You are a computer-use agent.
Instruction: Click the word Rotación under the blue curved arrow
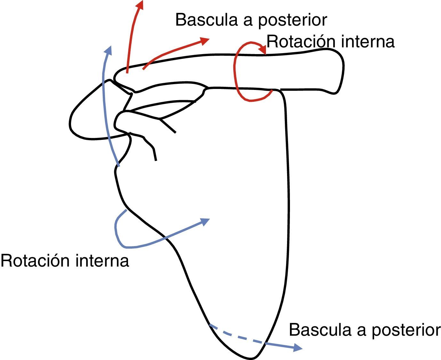(x=35, y=260)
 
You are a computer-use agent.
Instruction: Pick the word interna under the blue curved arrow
(x=102, y=260)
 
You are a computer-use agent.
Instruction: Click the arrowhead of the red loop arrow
(x=263, y=50)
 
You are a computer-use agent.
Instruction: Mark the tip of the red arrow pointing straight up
(x=140, y=4)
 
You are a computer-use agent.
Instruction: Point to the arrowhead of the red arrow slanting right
(x=205, y=40)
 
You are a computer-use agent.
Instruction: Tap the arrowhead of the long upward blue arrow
(x=108, y=50)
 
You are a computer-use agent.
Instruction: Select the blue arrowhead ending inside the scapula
(x=205, y=221)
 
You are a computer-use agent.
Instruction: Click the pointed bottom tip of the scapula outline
(x=253, y=357)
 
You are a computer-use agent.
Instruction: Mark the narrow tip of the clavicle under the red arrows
(x=116, y=76)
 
